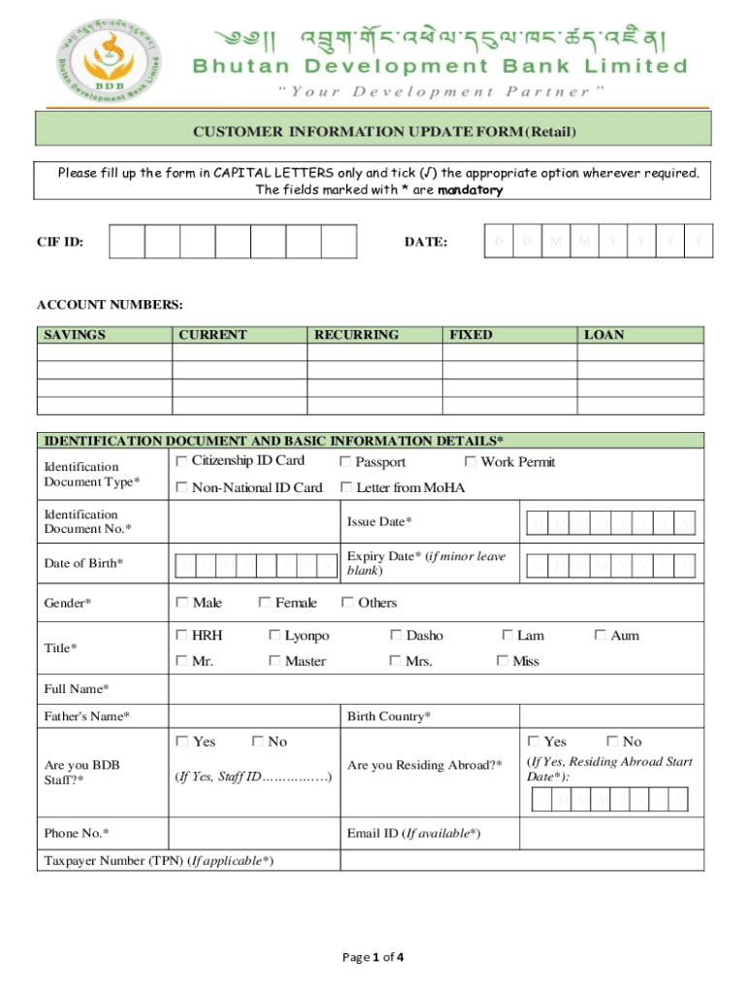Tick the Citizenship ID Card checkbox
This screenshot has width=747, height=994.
[x=181, y=460]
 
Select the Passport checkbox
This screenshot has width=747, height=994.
[x=345, y=462]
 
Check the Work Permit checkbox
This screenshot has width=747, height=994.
[x=471, y=461]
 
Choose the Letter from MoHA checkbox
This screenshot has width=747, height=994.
[x=345, y=487]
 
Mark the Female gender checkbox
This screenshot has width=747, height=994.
[x=265, y=603]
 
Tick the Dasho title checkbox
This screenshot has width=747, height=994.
[x=396, y=636]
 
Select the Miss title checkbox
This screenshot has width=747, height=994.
[x=503, y=661]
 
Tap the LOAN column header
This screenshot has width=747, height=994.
[x=603, y=335]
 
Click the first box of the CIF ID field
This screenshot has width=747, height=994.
[x=127, y=241]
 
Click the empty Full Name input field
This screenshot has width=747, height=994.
[x=435, y=689]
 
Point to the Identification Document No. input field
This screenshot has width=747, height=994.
[x=254, y=522]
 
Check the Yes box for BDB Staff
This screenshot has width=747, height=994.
[x=181, y=742]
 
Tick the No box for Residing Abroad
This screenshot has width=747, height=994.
[x=612, y=742]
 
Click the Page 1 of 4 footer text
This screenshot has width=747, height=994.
[x=373, y=957]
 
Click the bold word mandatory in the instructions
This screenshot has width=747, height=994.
[x=470, y=190]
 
